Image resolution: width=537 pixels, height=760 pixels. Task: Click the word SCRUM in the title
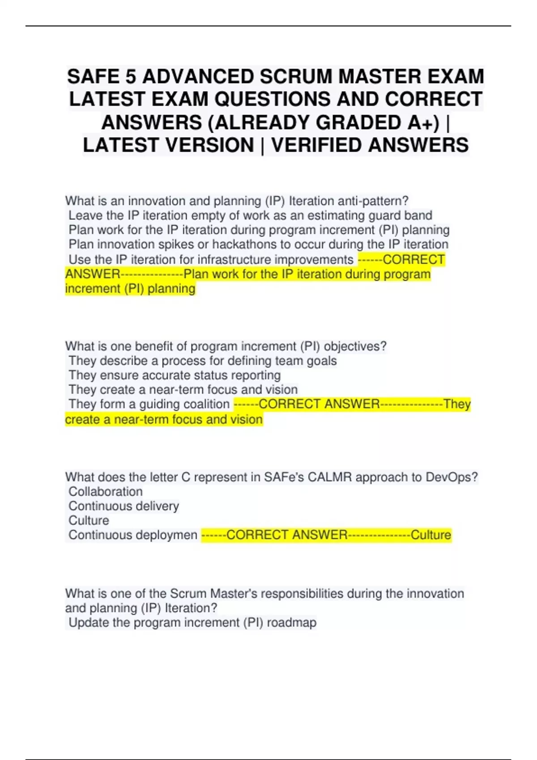pos(296,76)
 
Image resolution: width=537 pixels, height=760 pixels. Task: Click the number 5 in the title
pos(131,76)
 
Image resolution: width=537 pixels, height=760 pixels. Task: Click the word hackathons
pos(243,245)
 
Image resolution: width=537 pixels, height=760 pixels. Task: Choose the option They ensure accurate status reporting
pos(175,376)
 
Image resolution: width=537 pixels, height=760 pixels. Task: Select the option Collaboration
pos(106,492)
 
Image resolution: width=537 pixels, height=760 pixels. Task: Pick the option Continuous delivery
pos(124,506)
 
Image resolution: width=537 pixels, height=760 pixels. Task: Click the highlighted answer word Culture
pos(430,535)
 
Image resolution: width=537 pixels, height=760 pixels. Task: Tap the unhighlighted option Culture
pos(89,521)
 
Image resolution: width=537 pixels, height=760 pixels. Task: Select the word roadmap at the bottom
pos(292,623)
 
